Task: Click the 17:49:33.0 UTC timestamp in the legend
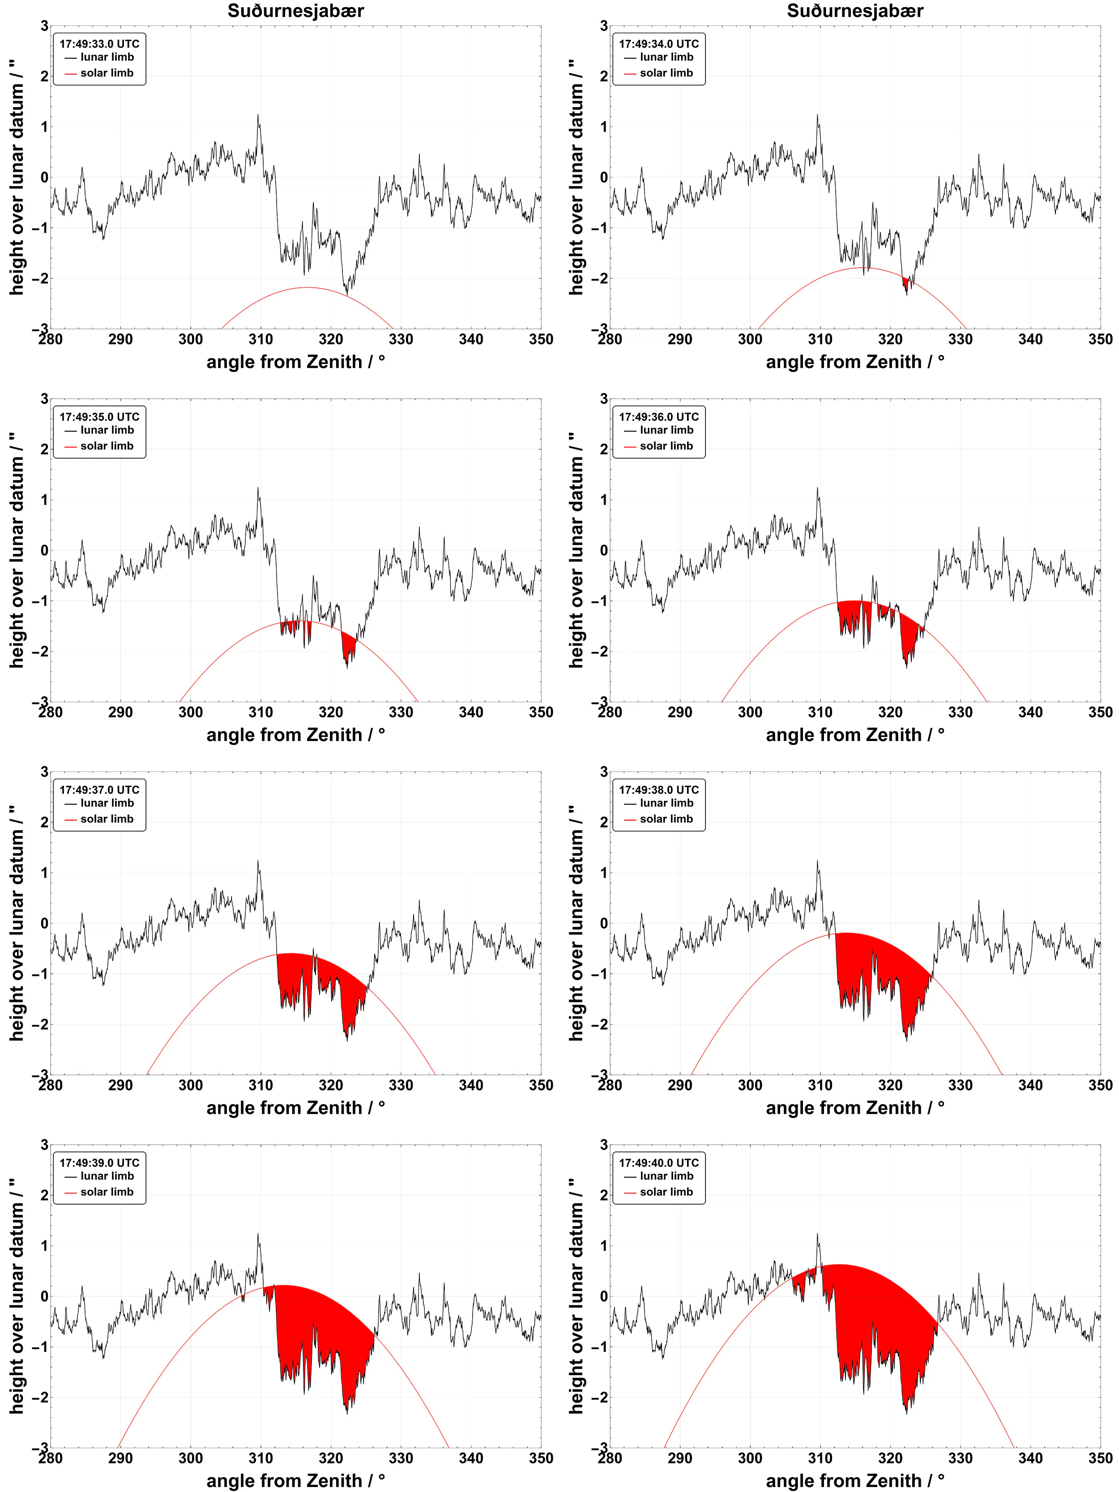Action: point(99,44)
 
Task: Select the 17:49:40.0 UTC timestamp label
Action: point(658,1163)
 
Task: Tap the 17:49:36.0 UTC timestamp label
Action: point(658,417)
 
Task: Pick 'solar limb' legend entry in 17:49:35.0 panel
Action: point(107,446)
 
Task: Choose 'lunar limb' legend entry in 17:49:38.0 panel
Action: point(666,803)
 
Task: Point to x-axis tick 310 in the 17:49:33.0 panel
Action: point(261,339)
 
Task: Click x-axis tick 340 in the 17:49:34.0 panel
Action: point(1030,339)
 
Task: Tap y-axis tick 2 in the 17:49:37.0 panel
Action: point(44,822)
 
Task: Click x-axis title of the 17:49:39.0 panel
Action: point(295,1480)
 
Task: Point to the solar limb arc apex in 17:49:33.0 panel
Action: point(307,287)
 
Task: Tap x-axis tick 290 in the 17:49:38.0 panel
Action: point(680,1085)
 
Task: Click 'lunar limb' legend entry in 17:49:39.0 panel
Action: point(107,1176)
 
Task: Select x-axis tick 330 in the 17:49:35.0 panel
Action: point(401,712)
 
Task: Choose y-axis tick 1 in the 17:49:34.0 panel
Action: point(604,127)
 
